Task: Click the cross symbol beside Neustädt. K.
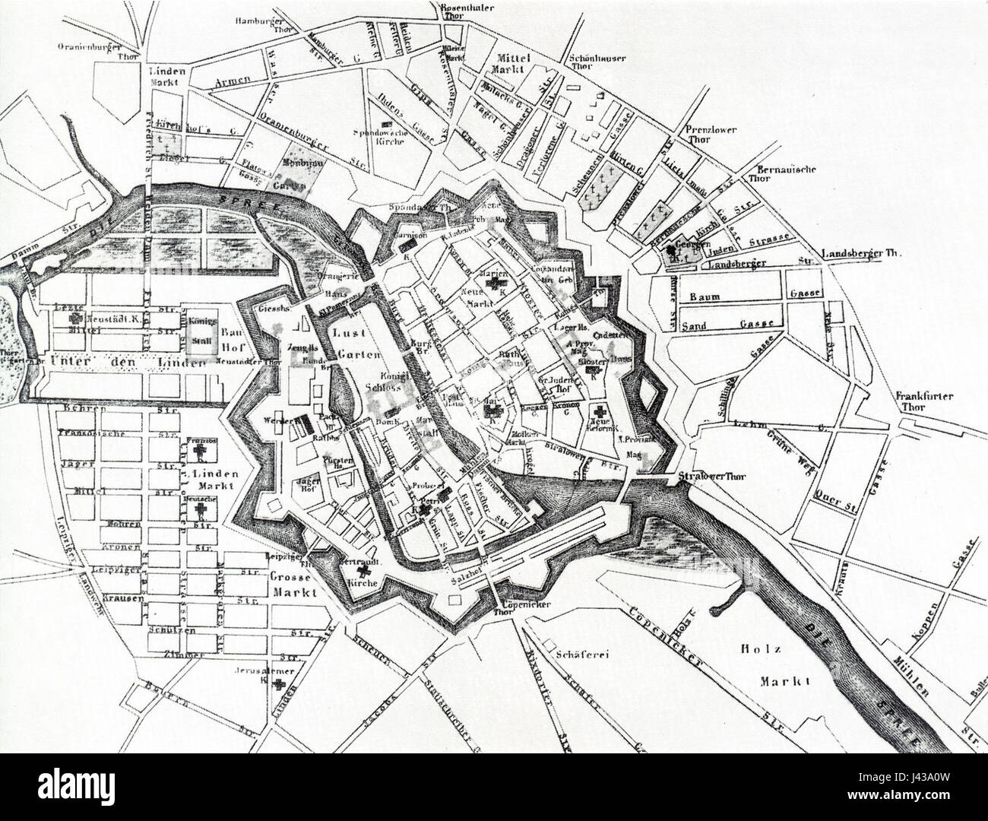[x=75, y=321]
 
